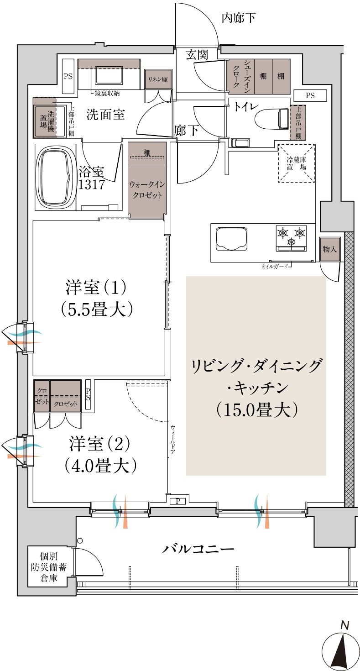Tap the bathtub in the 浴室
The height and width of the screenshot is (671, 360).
56,177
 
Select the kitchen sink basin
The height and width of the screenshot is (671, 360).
231,238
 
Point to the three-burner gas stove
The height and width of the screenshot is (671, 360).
292,238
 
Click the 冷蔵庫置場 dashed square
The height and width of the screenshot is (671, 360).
297,163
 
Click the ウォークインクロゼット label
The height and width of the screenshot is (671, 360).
147,190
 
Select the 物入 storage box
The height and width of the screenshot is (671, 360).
330,249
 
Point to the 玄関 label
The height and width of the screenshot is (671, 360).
197,55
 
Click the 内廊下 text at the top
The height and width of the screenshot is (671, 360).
239,18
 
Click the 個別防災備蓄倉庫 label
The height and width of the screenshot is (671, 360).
49,567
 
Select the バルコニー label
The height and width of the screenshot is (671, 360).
198,550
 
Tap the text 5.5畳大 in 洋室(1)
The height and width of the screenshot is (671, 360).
96,310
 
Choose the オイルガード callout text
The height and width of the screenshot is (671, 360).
274,266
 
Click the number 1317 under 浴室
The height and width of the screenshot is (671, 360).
91,184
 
